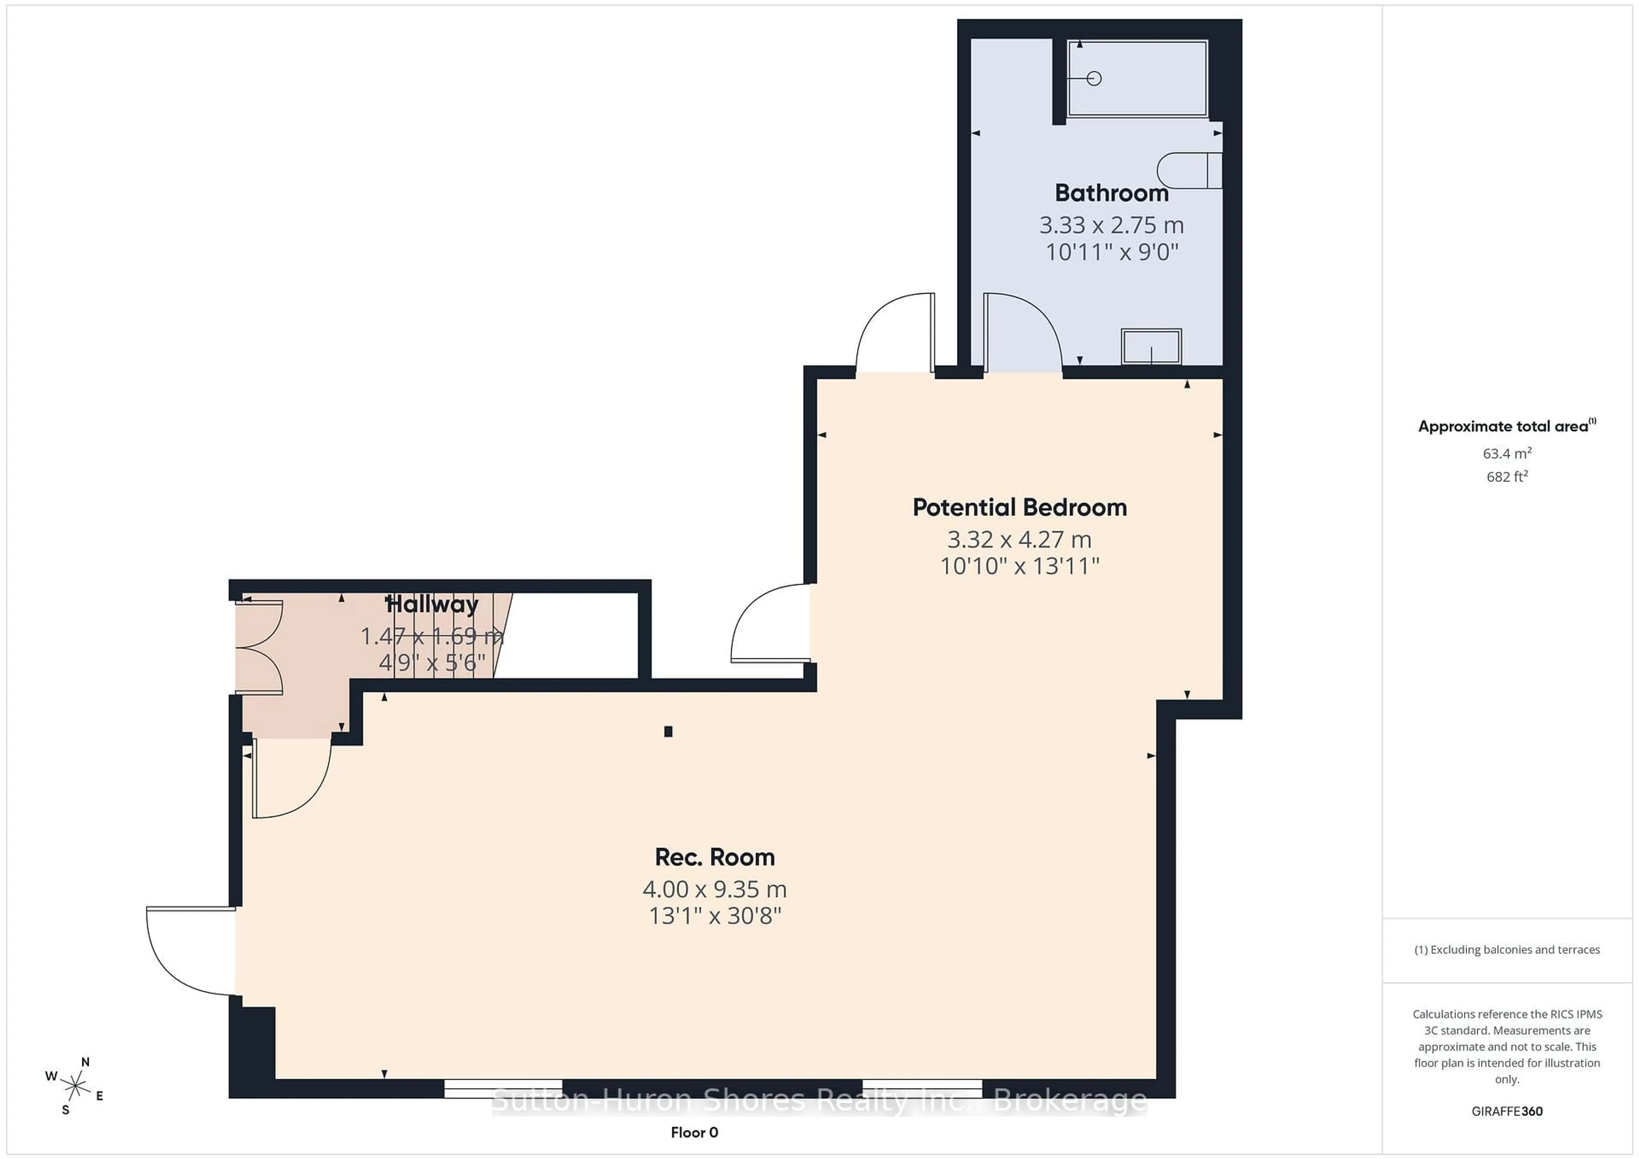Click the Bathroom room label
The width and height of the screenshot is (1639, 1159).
click(1111, 193)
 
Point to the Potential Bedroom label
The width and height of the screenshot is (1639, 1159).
click(1019, 507)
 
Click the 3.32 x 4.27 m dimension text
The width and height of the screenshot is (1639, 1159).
click(1019, 539)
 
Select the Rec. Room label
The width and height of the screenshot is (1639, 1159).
click(715, 857)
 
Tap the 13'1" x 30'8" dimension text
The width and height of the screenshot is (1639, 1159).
click(715, 916)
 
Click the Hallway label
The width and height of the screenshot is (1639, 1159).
click(432, 605)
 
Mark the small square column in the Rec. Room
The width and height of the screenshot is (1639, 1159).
click(668, 731)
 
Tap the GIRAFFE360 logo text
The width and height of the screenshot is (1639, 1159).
click(1507, 1111)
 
